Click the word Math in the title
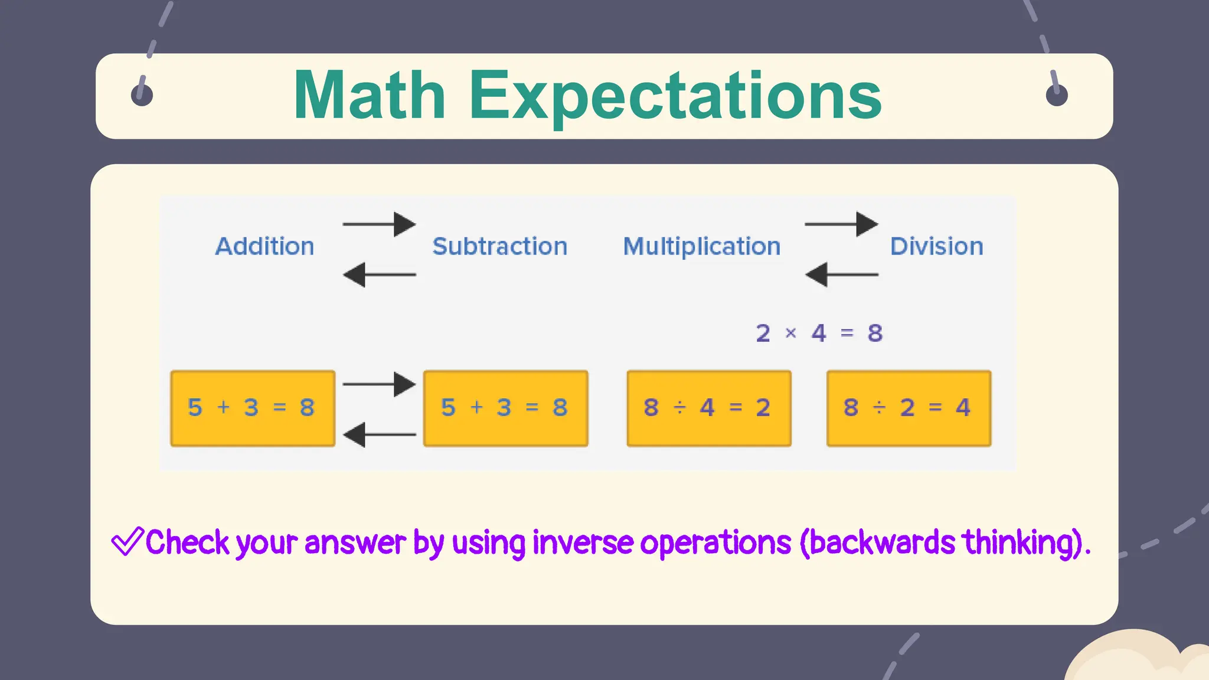click(369, 96)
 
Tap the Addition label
click(264, 246)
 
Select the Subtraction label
click(499, 246)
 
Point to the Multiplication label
click(702, 247)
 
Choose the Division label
click(936, 246)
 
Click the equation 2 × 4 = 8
click(819, 334)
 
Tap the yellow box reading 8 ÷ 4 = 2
click(708, 408)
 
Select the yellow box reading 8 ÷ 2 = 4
click(909, 408)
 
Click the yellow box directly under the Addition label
click(253, 408)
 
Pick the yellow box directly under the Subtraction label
click(505, 408)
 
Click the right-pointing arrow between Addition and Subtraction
click(379, 224)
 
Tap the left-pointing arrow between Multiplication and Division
click(841, 274)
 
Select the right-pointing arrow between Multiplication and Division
click(841, 224)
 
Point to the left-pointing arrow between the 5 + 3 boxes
click(379, 434)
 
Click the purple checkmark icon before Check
click(127, 541)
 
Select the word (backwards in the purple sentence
click(877, 542)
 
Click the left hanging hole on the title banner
click(142, 94)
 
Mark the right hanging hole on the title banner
click(1056, 94)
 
